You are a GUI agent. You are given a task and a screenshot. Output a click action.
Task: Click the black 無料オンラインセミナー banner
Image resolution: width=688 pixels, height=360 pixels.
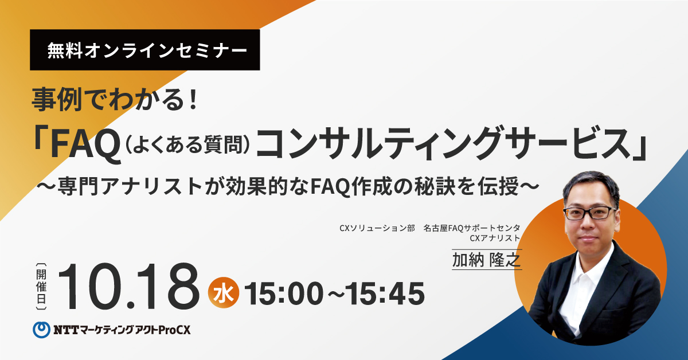click(x=144, y=50)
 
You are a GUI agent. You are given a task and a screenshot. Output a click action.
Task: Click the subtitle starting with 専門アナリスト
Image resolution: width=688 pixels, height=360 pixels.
click(x=288, y=186)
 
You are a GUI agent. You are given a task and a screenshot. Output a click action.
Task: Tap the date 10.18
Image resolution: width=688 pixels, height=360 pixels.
click(x=128, y=286)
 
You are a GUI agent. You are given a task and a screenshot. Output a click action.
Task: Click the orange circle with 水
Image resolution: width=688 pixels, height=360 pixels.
click(x=223, y=293)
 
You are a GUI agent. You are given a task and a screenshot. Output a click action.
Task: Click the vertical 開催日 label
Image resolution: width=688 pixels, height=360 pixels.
click(x=41, y=286)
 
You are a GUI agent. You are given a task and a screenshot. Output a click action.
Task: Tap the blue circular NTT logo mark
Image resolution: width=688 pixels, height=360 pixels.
click(x=41, y=330)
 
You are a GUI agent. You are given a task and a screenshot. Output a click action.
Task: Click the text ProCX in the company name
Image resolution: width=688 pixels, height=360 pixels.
click(x=175, y=330)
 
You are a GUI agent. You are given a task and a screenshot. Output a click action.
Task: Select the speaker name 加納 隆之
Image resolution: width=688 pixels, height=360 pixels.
click(x=487, y=260)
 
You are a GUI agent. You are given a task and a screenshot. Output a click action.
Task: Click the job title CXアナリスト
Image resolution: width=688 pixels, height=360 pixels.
click(x=495, y=238)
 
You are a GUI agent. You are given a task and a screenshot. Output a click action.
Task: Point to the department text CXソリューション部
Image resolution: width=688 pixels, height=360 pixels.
click(x=377, y=228)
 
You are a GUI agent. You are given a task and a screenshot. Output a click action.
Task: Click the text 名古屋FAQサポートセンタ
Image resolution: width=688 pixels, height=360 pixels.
click(x=472, y=228)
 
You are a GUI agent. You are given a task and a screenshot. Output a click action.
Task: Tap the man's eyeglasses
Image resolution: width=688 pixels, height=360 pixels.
click(x=590, y=213)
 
